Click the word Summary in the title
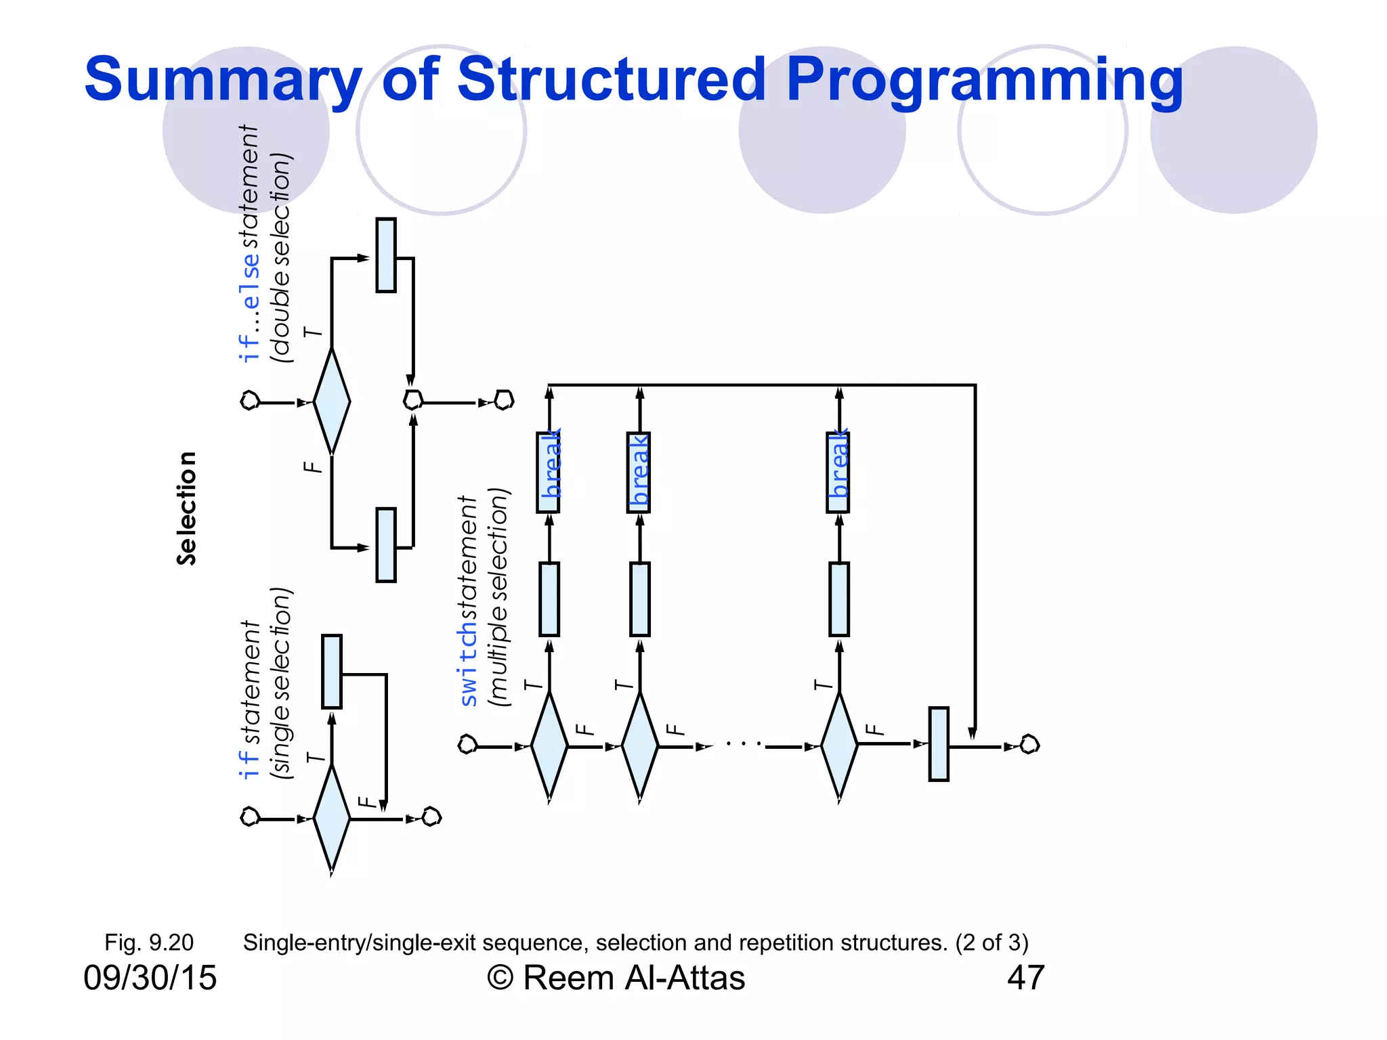(x=223, y=80)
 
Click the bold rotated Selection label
(x=186, y=508)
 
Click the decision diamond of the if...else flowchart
(x=332, y=402)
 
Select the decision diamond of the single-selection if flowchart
(x=332, y=819)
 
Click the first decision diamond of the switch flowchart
(x=549, y=746)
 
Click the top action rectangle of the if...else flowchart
(x=386, y=255)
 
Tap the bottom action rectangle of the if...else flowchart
(x=386, y=545)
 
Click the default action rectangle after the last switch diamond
(x=939, y=744)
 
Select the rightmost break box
(x=838, y=472)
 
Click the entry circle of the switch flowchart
(x=467, y=745)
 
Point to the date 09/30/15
(x=150, y=978)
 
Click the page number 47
(x=1025, y=978)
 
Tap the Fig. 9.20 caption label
(x=149, y=942)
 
